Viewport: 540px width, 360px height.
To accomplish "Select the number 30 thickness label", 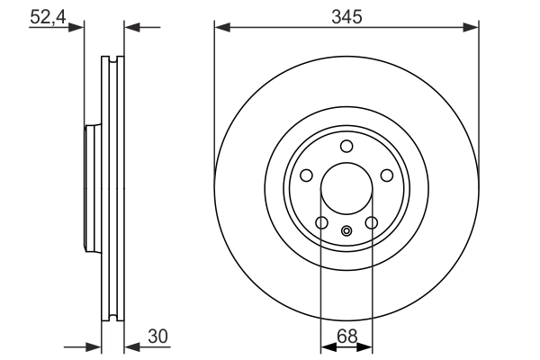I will (158, 336).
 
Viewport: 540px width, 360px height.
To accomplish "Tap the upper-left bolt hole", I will (305, 175).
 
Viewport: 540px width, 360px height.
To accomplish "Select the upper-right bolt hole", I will (387, 175).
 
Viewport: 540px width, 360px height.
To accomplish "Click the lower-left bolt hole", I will (321, 223).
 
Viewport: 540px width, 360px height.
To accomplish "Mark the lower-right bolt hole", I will (372, 223).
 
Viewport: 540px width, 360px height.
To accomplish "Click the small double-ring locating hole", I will (346, 231).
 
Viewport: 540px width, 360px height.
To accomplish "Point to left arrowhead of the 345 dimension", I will (221, 28).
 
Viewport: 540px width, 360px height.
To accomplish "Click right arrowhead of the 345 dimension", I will (470, 28).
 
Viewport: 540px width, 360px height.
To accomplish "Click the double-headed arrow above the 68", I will (346, 345).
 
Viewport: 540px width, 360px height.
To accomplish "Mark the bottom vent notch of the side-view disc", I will (112, 316).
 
